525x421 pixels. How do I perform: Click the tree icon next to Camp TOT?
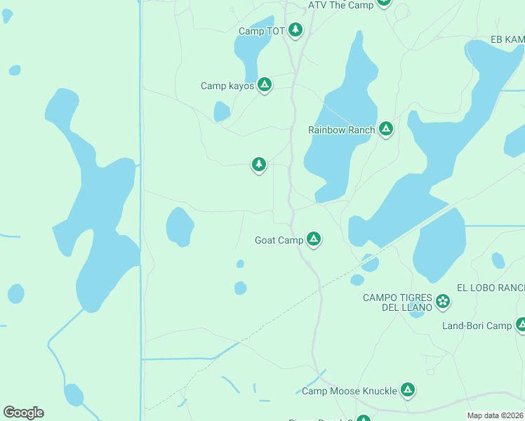pos(295,29)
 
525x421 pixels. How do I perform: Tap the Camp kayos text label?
pos(227,86)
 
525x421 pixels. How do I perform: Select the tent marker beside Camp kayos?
pos(265,86)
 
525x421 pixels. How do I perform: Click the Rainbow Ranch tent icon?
pos(385,129)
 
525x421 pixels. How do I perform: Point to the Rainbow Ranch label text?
pos(341,130)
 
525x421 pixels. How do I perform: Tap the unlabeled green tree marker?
pos(259,164)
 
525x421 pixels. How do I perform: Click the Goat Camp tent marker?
pos(314,240)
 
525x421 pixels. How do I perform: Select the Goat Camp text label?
pos(279,241)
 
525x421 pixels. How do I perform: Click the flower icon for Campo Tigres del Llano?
pos(443,302)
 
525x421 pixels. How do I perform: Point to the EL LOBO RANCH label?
pos(491,288)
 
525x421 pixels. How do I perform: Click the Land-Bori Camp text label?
pos(477,326)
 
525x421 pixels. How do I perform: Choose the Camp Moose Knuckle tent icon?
pos(407,390)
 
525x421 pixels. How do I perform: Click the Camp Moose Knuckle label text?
pos(349,391)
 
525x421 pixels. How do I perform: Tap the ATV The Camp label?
pos(340,5)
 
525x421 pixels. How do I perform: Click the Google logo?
pos(23,413)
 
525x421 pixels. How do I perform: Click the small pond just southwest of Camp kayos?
pos(222,112)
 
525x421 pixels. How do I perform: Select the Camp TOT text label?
pos(261,31)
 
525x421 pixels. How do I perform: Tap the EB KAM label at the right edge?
pos(507,40)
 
